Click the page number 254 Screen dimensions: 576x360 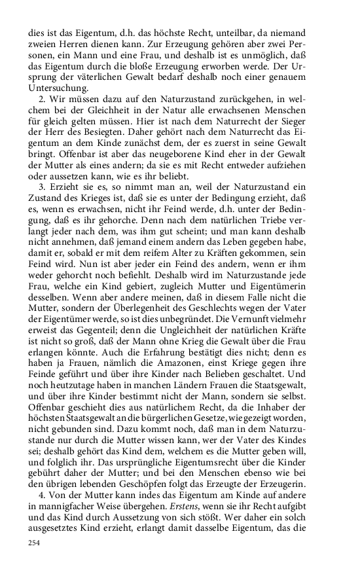click(33, 543)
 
